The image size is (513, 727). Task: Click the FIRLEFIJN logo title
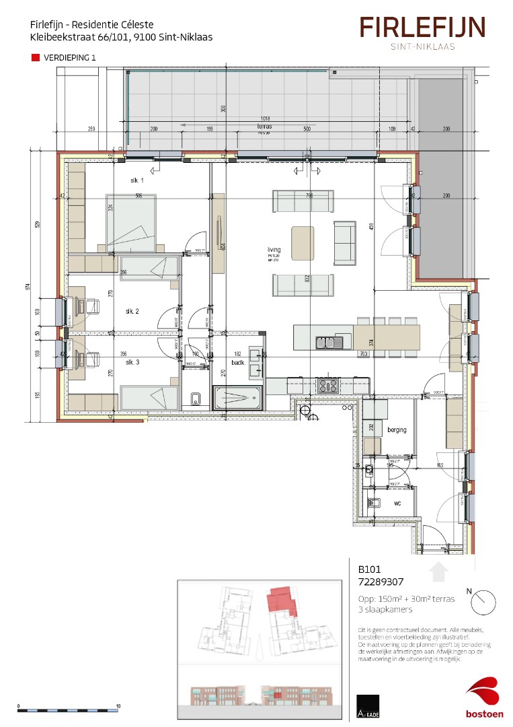pos(422,28)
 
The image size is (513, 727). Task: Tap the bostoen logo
pos(485,699)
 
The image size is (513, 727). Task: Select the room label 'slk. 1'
pos(138,181)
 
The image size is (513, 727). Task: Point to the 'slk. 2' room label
pos(132,311)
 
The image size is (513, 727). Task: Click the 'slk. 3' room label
pos(132,362)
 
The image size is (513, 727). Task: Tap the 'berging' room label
pos(397,429)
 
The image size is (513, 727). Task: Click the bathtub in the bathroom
pos(239,397)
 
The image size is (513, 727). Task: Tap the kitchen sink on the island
pos(330,342)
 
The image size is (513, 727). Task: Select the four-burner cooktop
pos(327,386)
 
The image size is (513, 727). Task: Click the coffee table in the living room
pos(303,242)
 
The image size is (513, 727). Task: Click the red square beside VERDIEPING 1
pos(36,58)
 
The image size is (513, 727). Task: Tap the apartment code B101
pos(369,569)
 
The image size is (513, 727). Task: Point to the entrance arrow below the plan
pos(438,572)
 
